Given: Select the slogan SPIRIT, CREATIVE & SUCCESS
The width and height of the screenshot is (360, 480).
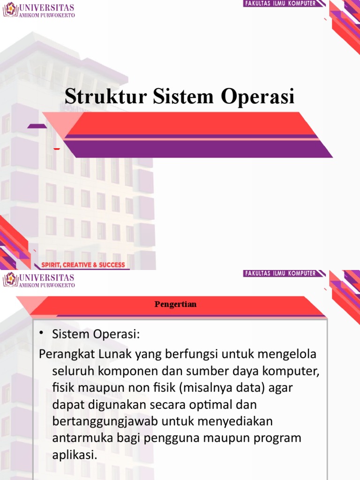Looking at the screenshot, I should click(x=83, y=265).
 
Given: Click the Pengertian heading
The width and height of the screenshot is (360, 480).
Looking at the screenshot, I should click(x=175, y=304).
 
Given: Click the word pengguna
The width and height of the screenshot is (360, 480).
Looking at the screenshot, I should click(x=176, y=439).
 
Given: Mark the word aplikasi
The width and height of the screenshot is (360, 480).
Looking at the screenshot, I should click(x=75, y=455).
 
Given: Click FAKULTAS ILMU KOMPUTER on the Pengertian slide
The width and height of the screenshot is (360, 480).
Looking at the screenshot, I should click(x=280, y=273).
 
